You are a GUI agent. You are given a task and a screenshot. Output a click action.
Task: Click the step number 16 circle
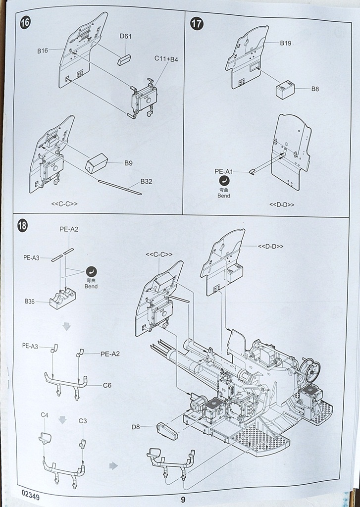coord(25,23)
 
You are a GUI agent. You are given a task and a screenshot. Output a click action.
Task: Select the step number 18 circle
coord(22,225)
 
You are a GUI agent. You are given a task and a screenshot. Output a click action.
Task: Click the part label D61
coord(125,36)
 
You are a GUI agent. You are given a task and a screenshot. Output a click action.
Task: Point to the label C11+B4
coord(166,59)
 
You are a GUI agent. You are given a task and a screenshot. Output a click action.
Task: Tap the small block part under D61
coord(124,60)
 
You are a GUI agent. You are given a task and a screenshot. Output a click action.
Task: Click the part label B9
coord(128,163)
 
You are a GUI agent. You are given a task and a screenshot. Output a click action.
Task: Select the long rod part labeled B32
coord(120,187)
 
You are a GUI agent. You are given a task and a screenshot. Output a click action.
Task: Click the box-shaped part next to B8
coord(285,90)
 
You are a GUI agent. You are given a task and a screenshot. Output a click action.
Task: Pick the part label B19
coord(286,43)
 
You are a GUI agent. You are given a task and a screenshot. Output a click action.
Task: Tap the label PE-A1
coord(223,172)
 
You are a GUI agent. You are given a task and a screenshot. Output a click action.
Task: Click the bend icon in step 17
coord(224,181)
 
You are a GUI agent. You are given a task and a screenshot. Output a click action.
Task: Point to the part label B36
coord(29,302)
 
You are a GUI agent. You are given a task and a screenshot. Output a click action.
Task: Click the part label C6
coord(107,385)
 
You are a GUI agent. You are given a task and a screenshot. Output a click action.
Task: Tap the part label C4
coord(44,415)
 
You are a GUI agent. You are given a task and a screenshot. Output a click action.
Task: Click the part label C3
coord(83,421)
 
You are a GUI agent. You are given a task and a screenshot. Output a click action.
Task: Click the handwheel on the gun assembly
coord(310,368)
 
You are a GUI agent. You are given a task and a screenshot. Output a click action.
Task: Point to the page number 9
coord(183,500)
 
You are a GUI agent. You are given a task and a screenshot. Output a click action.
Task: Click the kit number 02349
coord(30,495)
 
